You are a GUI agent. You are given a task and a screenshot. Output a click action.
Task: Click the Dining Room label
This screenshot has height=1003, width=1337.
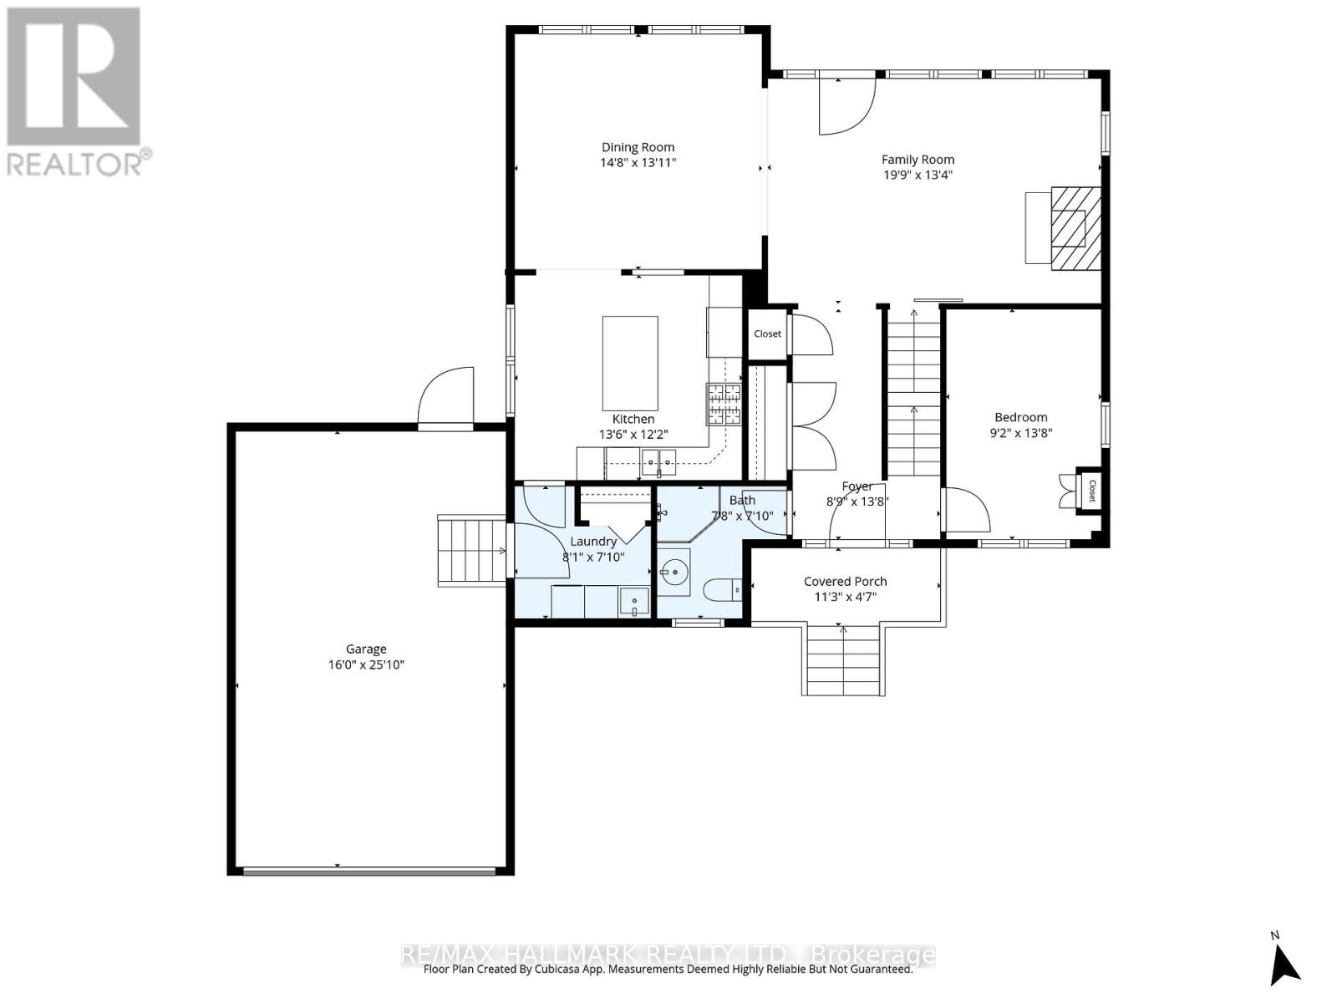pyautogui.click(x=638, y=147)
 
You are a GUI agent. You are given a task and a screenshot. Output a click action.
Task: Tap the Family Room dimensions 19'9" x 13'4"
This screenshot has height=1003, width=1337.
pyautogui.click(x=918, y=175)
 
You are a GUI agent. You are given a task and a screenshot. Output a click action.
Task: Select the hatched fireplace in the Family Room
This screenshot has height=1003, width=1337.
pyautogui.click(x=1075, y=227)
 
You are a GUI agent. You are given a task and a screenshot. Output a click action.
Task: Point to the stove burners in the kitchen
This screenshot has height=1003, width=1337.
pyautogui.click(x=724, y=404)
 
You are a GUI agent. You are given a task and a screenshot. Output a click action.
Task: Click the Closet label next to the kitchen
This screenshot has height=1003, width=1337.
pyautogui.click(x=767, y=333)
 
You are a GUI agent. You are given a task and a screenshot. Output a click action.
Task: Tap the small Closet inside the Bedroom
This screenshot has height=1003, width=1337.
pyautogui.click(x=1090, y=490)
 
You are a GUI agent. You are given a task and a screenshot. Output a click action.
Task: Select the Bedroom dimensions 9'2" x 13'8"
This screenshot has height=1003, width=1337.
pyautogui.click(x=1020, y=433)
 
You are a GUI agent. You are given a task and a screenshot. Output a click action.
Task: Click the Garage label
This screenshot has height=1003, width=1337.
pyautogui.click(x=366, y=649)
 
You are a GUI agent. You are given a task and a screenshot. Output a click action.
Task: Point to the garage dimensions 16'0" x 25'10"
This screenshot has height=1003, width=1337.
pyautogui.click(x=366, y=665)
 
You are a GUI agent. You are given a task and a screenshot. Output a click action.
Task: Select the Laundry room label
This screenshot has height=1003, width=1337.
pyautogui.click(x=593, y=542)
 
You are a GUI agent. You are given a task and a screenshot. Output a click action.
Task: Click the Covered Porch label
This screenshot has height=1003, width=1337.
pyautogui.click(x=845, y=581)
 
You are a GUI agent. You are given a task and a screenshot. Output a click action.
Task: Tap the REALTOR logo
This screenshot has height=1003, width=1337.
pyautogui.click(x=75, y=92)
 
